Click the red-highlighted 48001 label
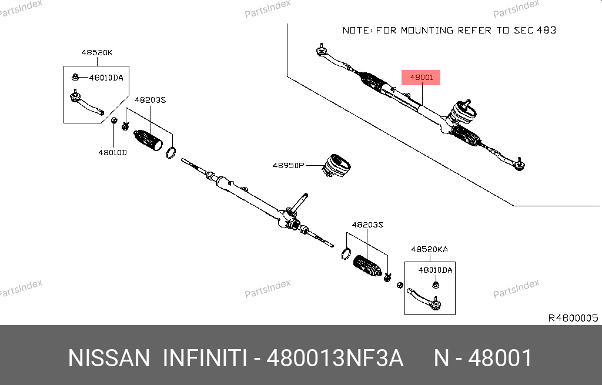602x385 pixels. [x=421, y=77]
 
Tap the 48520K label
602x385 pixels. [x=97, y=53]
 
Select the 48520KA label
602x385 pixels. [x=429, y=249]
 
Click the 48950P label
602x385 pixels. [x=287, y=166]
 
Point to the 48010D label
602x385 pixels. [x=112, y=152]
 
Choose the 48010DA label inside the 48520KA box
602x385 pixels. [x=435, y=270]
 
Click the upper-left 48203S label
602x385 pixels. [x=150, y=100]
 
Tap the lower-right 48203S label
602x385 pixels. [x=367, y=225]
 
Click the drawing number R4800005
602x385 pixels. [x=573, y=318]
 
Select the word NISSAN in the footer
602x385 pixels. [x=109, y=358]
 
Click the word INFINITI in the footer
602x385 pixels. [x=205, y=358]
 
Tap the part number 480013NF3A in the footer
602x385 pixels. [x=335, y=358]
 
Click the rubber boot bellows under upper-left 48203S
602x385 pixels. [x=148, y=141]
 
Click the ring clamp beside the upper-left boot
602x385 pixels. [x=171, y=153]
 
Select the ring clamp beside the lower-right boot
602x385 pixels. [x=347, y=253]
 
